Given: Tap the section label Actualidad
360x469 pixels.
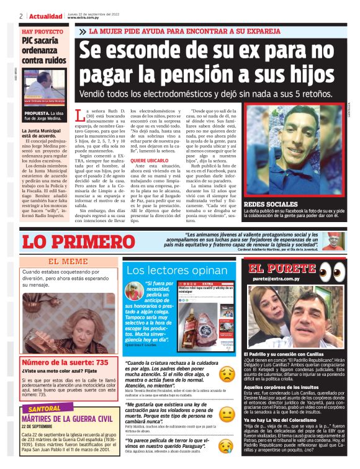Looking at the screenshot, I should [x=45, y=16].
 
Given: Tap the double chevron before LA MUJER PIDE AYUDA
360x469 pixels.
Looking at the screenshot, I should [x=83, y=31].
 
